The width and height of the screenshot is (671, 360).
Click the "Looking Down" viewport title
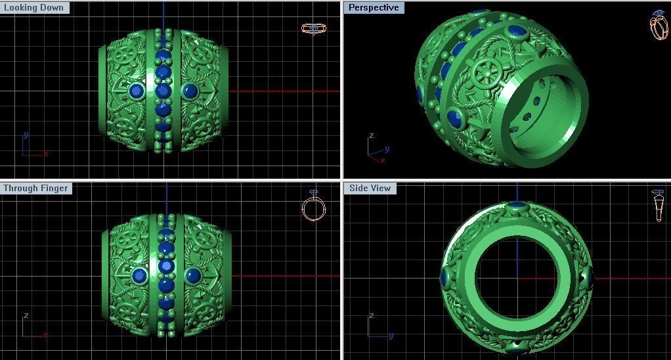pyautogui.click(x=34, y=8)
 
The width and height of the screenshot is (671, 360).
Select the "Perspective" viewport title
pyautogui.click(x=373, y=8)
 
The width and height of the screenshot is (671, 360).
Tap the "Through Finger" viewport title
pyautogui.click(x=35, y=189)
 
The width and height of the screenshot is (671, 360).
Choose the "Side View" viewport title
pyautogui.click(x=370, y=189)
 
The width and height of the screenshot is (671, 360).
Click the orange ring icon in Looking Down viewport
pyautogui.click(x=313, y=28)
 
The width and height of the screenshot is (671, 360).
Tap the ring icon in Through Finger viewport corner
pyautogui.click(x=314, y=206)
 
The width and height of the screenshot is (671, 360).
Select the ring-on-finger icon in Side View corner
pyautogui.click(x=658, y=206)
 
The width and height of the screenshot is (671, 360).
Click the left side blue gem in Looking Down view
pyautogui.click(x=137, y=91)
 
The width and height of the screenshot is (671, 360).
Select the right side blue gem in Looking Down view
pyautogui.click(x=190, y=91)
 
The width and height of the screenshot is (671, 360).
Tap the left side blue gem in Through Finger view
pyautogui.click(x=139, y=275)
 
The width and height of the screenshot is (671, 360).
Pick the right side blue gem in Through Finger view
pyautogui.click(x=193, y=275)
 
